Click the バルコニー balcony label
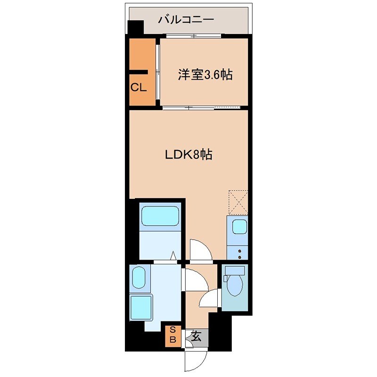[186, 20]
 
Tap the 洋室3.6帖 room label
[205, 74]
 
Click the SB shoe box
[173, 334]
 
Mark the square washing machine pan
[141, 307]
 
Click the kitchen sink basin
[239, 227]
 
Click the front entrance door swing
[195, 361]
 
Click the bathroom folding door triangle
[174, 256]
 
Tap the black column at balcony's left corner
[135, 27]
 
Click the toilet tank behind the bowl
[235, 270]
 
